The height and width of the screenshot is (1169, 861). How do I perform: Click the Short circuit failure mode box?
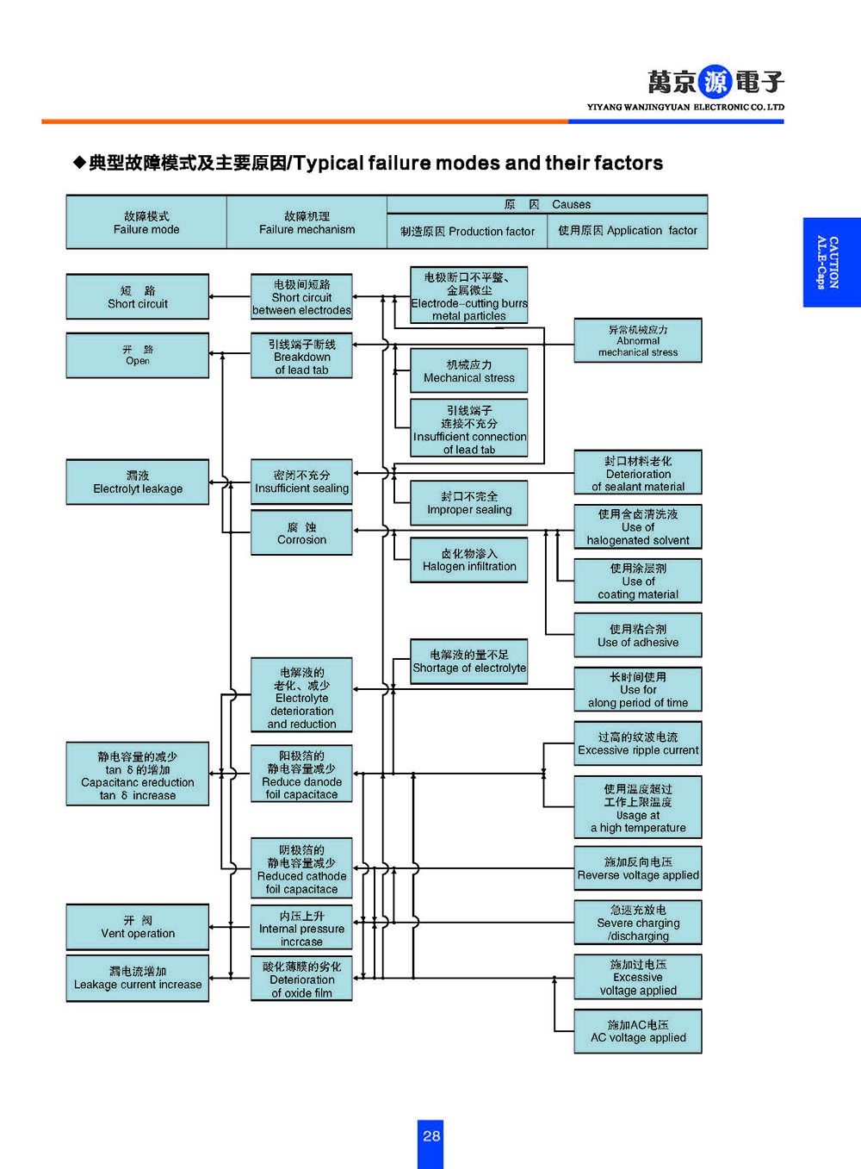pyautogui.click(x=138, y=297)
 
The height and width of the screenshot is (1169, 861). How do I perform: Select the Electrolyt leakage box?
pyautogui.click(x=138, y=482)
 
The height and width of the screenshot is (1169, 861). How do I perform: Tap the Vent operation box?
pyautogui.click(x=138, y=927)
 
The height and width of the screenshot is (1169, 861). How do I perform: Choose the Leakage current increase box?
pyautogui.click(x=138, y=979)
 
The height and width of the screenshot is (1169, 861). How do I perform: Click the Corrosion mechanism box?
pyautogui.click(x=301, y=533)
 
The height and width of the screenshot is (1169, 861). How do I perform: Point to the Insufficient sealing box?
pyautogui.click(x=301, y=482)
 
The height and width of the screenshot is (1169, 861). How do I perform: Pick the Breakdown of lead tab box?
pyautogui.click(x=301, y=357)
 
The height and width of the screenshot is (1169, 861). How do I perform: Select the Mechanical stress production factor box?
pyautogui.click(x=469, y=371)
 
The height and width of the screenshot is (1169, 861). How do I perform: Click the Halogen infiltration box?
pyautogui.click(x=469, y=560)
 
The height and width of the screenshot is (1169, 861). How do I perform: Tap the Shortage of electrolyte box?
pyautogui.click(x=469, y=662)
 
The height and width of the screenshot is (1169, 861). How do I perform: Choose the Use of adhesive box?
pyautogui.click(x=638, y=636)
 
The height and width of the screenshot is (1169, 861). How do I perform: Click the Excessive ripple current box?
pyautogui.click(x=638, y=743)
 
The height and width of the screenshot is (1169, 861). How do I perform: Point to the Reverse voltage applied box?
pyautogui.click(x=638, y=868)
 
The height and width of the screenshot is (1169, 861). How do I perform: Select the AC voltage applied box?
pyautogui.click(x=638, y=1031)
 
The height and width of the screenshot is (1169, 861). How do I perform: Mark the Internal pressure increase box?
pyautogui.click(x=301, y=928)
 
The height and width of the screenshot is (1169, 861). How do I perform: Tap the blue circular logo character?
pyautogui.click(x=715, y=82)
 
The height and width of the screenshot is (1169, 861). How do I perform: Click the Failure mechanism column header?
pyautogui.click(x=307, y=223)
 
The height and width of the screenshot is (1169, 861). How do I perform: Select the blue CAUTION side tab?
pyautogui.click(x=831, y=262)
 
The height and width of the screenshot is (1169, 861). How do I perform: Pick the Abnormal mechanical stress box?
pyautogui.click(x=638, y=340)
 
